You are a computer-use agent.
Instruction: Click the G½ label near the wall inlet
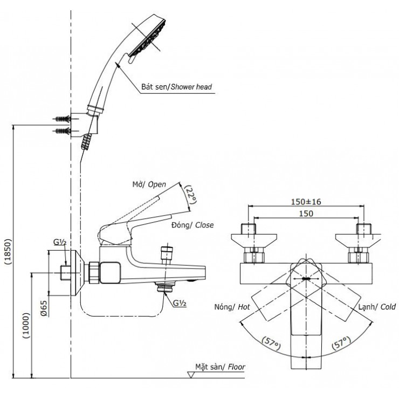(59, 244)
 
